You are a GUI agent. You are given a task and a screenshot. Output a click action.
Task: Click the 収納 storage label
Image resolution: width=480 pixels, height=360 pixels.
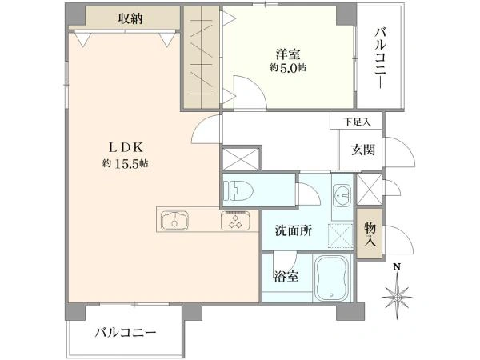[130, 19]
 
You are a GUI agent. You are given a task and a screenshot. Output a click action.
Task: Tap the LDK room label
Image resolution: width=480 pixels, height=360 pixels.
[126, 148]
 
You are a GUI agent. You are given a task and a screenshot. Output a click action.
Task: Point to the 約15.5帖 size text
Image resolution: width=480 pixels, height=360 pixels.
[126, 164]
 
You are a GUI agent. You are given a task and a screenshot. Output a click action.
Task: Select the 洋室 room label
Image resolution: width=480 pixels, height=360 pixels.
[288, 54]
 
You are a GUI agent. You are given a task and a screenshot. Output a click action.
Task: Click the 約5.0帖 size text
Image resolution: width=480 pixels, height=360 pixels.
[288, 68]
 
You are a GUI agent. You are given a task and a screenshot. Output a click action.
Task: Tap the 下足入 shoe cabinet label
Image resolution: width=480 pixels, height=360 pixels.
[357, 122]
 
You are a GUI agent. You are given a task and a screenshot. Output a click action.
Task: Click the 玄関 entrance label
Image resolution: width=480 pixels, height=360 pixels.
[363, 150]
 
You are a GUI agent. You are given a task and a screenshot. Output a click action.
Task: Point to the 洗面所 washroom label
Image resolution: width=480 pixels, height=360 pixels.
[294, 230]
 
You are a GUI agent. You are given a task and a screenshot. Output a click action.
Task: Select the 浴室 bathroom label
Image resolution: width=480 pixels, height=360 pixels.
[286, 277]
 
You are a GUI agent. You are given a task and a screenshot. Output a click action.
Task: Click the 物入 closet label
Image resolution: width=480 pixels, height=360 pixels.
[370, 234]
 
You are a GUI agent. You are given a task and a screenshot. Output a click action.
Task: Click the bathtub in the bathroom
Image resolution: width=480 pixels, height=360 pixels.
[332, 278]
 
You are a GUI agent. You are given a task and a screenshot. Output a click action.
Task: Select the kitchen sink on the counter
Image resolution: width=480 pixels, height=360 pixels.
[174, 221]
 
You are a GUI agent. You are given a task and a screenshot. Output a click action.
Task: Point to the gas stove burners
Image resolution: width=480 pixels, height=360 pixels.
[235, 221]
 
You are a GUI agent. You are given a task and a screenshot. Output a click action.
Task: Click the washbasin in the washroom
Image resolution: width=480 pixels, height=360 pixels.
[342, 195]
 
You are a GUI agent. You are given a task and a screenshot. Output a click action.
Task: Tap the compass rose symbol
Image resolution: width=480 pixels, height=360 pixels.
[397, 297]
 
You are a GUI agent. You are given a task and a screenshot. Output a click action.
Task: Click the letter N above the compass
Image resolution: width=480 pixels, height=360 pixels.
[397, 267]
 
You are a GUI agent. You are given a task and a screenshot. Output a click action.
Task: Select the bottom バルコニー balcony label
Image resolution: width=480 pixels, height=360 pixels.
[126, 332]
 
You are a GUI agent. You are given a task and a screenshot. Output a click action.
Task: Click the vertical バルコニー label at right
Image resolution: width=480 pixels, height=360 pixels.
[381, 58]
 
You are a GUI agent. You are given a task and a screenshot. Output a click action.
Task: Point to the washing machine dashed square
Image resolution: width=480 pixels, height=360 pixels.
[341, 236]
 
